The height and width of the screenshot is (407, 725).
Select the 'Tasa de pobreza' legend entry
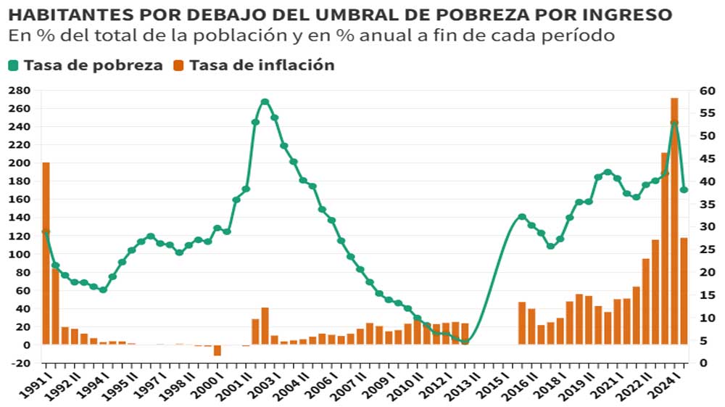tap(86, 65)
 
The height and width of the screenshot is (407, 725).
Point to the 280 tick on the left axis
tap(19, 90)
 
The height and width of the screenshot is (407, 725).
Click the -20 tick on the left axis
tap(19, 363)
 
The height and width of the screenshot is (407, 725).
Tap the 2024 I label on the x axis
tap(668, 383)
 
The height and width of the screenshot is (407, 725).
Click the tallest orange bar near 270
tap(674, 218)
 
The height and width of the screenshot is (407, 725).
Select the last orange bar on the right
tap(684, 290)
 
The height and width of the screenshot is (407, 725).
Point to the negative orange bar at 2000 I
tap(217, 350)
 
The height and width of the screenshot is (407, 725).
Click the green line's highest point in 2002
tap(265, 102)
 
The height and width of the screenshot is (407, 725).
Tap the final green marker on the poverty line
tap(684, 190)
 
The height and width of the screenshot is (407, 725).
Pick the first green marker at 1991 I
tap(46, 232)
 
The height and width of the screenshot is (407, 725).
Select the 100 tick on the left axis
tap(19, 254)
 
